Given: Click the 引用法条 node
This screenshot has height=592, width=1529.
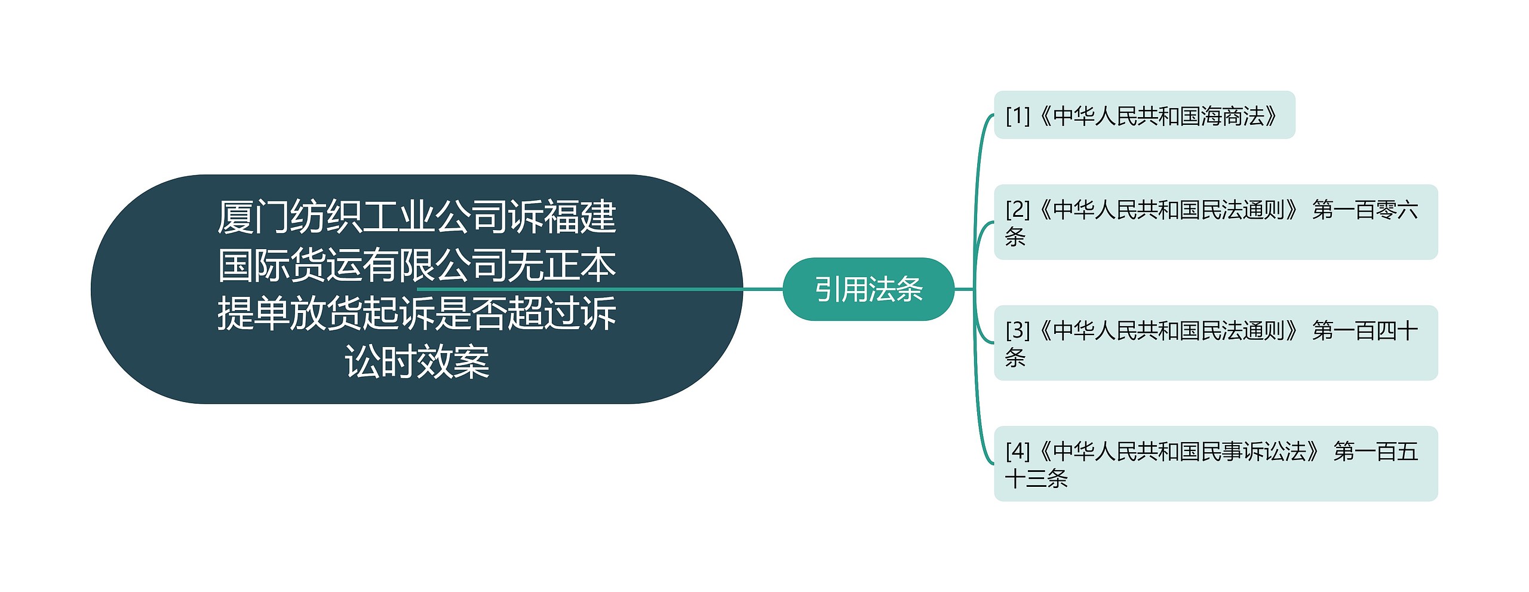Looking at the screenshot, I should tap(868, 289).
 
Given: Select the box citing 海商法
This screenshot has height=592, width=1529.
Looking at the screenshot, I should tap(1144, 115).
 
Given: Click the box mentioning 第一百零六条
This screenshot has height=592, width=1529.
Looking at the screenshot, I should tap(1215, 222).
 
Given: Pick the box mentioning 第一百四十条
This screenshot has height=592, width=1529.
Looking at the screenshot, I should tap(1215, 343).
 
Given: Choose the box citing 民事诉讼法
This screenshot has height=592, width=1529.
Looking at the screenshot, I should tap(1215, 464).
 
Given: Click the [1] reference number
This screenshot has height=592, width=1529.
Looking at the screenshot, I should tap(1018, 116).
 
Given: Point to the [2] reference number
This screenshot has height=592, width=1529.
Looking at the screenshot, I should tap(1018, 210).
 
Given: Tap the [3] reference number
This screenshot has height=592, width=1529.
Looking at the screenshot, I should tap(1018, 330).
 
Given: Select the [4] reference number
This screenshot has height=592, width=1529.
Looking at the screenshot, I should tap(1018, 451).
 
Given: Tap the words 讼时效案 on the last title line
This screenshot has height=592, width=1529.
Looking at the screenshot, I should tap(417, 362).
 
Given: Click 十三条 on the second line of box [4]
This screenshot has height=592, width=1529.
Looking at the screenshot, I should tap(1036, 478).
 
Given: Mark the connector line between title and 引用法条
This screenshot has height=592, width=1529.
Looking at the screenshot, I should tap(762, 289).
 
